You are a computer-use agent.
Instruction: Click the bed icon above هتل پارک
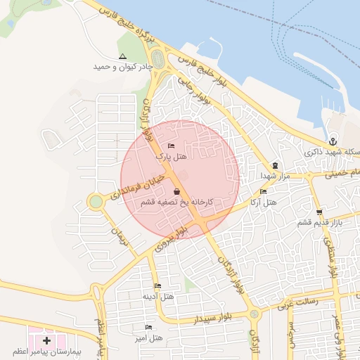[172, 146]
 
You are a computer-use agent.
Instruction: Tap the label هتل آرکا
[264, 202]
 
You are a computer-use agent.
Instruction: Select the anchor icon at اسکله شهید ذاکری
[333, 141]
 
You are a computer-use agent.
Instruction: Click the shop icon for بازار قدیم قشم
[320, 212]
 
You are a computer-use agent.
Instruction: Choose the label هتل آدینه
[157, 296]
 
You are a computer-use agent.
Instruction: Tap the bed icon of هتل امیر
[148, 327]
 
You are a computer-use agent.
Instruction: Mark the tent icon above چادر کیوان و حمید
[123, 56]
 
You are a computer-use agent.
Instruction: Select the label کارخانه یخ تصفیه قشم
[176, 202]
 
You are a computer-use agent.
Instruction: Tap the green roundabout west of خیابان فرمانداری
[95, 202]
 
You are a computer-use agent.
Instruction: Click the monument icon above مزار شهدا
[275, 165]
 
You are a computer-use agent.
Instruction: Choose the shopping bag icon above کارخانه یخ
[176, 191]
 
